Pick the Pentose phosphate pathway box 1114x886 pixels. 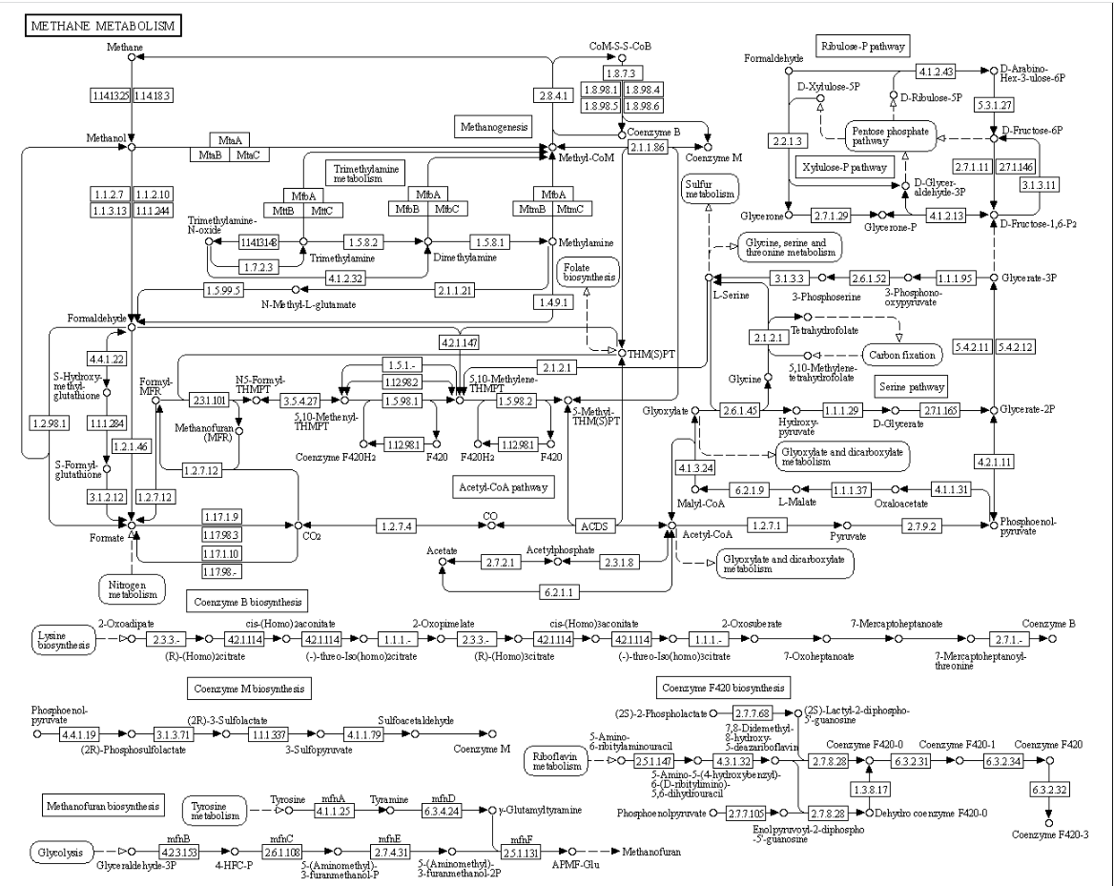tap(889, 134)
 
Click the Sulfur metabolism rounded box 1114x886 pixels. tap(710, 187)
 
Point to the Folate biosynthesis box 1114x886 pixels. tap(588, 273)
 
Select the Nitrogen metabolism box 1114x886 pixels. tap(132, 587)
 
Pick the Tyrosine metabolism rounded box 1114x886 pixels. tap(214, 810)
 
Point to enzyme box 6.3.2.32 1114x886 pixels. tap(1048, 791)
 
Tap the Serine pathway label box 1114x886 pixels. tap(911, 386)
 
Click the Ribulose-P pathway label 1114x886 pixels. tap(862, 45)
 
